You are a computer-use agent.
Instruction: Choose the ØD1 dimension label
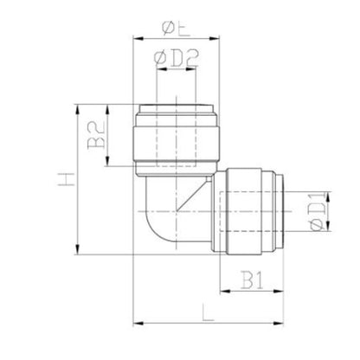tap(316, 214)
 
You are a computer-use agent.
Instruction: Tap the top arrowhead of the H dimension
tap(79, 107)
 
